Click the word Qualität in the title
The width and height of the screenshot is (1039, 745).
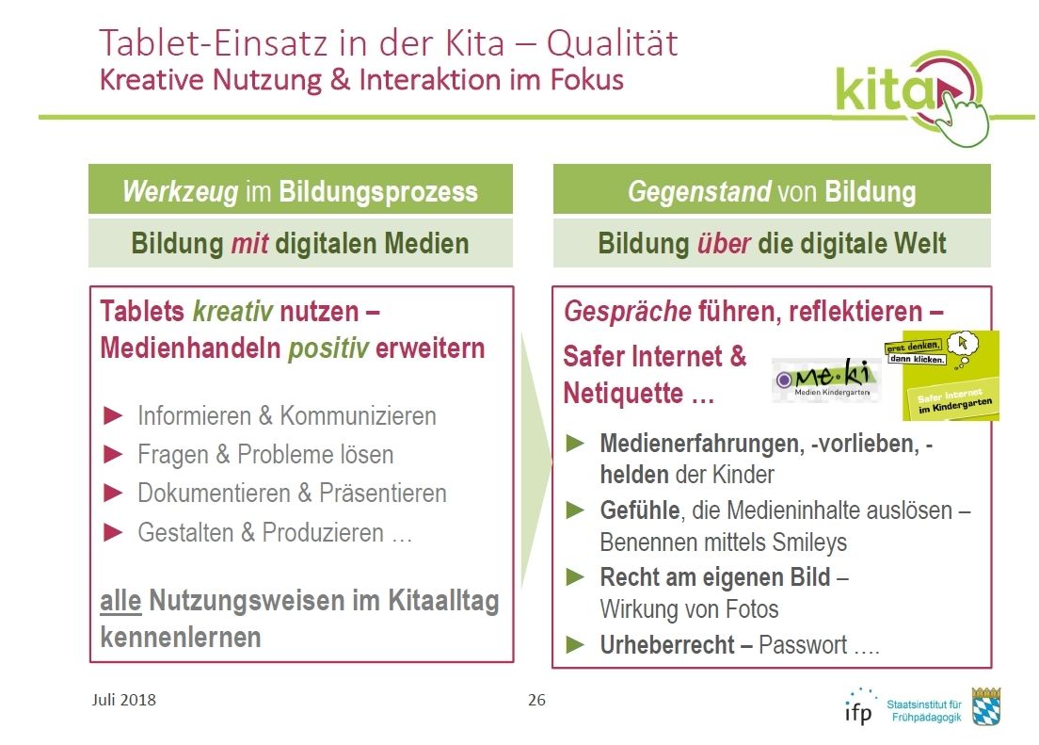(612, 43)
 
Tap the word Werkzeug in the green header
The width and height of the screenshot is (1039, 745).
(181, 192)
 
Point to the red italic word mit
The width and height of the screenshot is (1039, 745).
(249, 244)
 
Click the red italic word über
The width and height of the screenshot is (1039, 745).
(723, 244)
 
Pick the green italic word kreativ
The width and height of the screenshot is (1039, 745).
(232, 311)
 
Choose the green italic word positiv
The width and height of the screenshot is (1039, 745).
(328, 348)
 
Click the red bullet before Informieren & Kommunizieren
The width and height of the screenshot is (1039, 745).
(113, 416)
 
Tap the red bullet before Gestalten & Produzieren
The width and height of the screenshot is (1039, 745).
(113, 532)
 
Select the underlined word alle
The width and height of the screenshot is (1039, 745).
(120, 601)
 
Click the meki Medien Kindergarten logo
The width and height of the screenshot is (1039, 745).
(826, 381)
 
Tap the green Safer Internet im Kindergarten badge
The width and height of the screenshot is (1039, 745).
(951, 376)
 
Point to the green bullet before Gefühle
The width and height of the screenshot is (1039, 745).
(575, 510)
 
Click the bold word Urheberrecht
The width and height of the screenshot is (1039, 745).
(667, 645)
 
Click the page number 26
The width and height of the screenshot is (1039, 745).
(536, 700)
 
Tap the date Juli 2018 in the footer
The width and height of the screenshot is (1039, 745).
(124, 700)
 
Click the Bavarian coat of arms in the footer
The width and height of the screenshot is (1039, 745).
(986, 706)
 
